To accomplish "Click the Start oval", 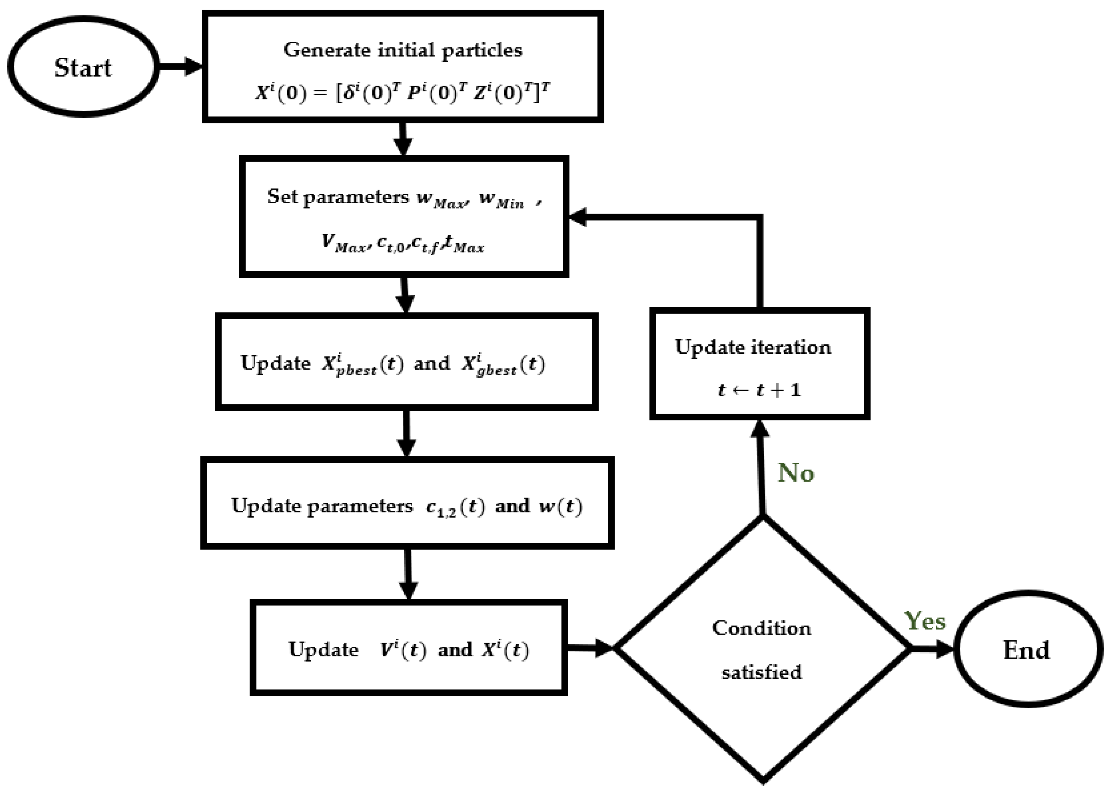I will pyautogui.click(x=83, y=67).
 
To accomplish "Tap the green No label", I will pyautogui.click(x=796, y=473).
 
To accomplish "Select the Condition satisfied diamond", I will pyautogui.click(x=761, y=649).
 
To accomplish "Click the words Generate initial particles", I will pyautogui.click(x=403, y=50).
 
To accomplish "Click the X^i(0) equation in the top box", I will pyautogui.click(x=403, y=92).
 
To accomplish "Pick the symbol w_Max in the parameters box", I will pyautogui.click(x=442, y=199).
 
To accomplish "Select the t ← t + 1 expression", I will pyautogui.click(x=759, y=390).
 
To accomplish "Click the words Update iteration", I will pyautogui.click(x=753, y=347).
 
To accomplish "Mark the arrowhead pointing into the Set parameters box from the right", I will pyautogui.click(x=578, y=217).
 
